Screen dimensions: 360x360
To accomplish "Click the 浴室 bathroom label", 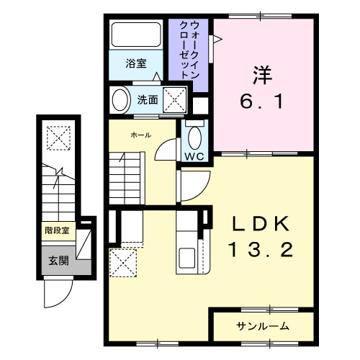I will click(x=136, y=63).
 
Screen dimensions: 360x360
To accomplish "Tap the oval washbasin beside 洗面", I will click(x=120, y=99).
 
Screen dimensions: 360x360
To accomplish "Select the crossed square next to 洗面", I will click(x=175, y=99).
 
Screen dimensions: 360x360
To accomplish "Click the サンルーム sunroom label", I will click(x=263, y=326).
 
